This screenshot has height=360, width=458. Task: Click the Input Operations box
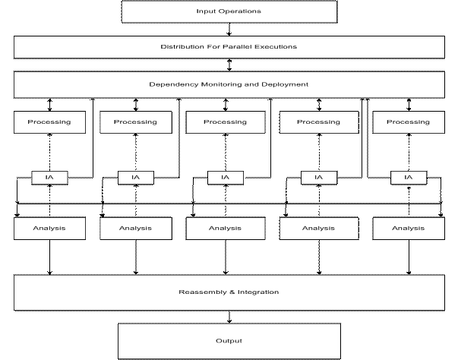coord(229,11)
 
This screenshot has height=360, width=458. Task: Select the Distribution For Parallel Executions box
coord(229,47)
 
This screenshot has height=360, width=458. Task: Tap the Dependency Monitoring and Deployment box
coord(229,84)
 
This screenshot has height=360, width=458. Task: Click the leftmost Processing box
coord(49,122)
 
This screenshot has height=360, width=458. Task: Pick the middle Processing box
coord(226,122)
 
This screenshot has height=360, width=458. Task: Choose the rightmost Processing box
coord(409,122)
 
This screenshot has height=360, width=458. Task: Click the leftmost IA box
coord(49,178)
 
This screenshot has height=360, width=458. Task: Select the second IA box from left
coord(136,178)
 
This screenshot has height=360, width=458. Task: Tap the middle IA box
coord(226,178)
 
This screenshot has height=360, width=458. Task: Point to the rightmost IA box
coord(409,178)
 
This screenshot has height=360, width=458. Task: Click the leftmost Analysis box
coord(49,229)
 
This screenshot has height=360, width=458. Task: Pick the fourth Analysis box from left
coord(319,229)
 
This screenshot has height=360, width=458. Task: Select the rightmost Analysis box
coord(409,229)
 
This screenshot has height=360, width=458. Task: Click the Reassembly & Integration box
coord(229,292)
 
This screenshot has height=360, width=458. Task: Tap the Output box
coord(229,341)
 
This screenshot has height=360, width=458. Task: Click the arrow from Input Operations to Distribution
coord(229,29)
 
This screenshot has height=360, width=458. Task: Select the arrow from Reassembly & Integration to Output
coord(229,317)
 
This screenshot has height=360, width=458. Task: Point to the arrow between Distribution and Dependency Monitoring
coord(229,65)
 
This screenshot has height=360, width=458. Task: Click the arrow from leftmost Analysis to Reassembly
coord(49,257)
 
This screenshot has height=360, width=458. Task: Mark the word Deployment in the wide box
coord(285,84)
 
